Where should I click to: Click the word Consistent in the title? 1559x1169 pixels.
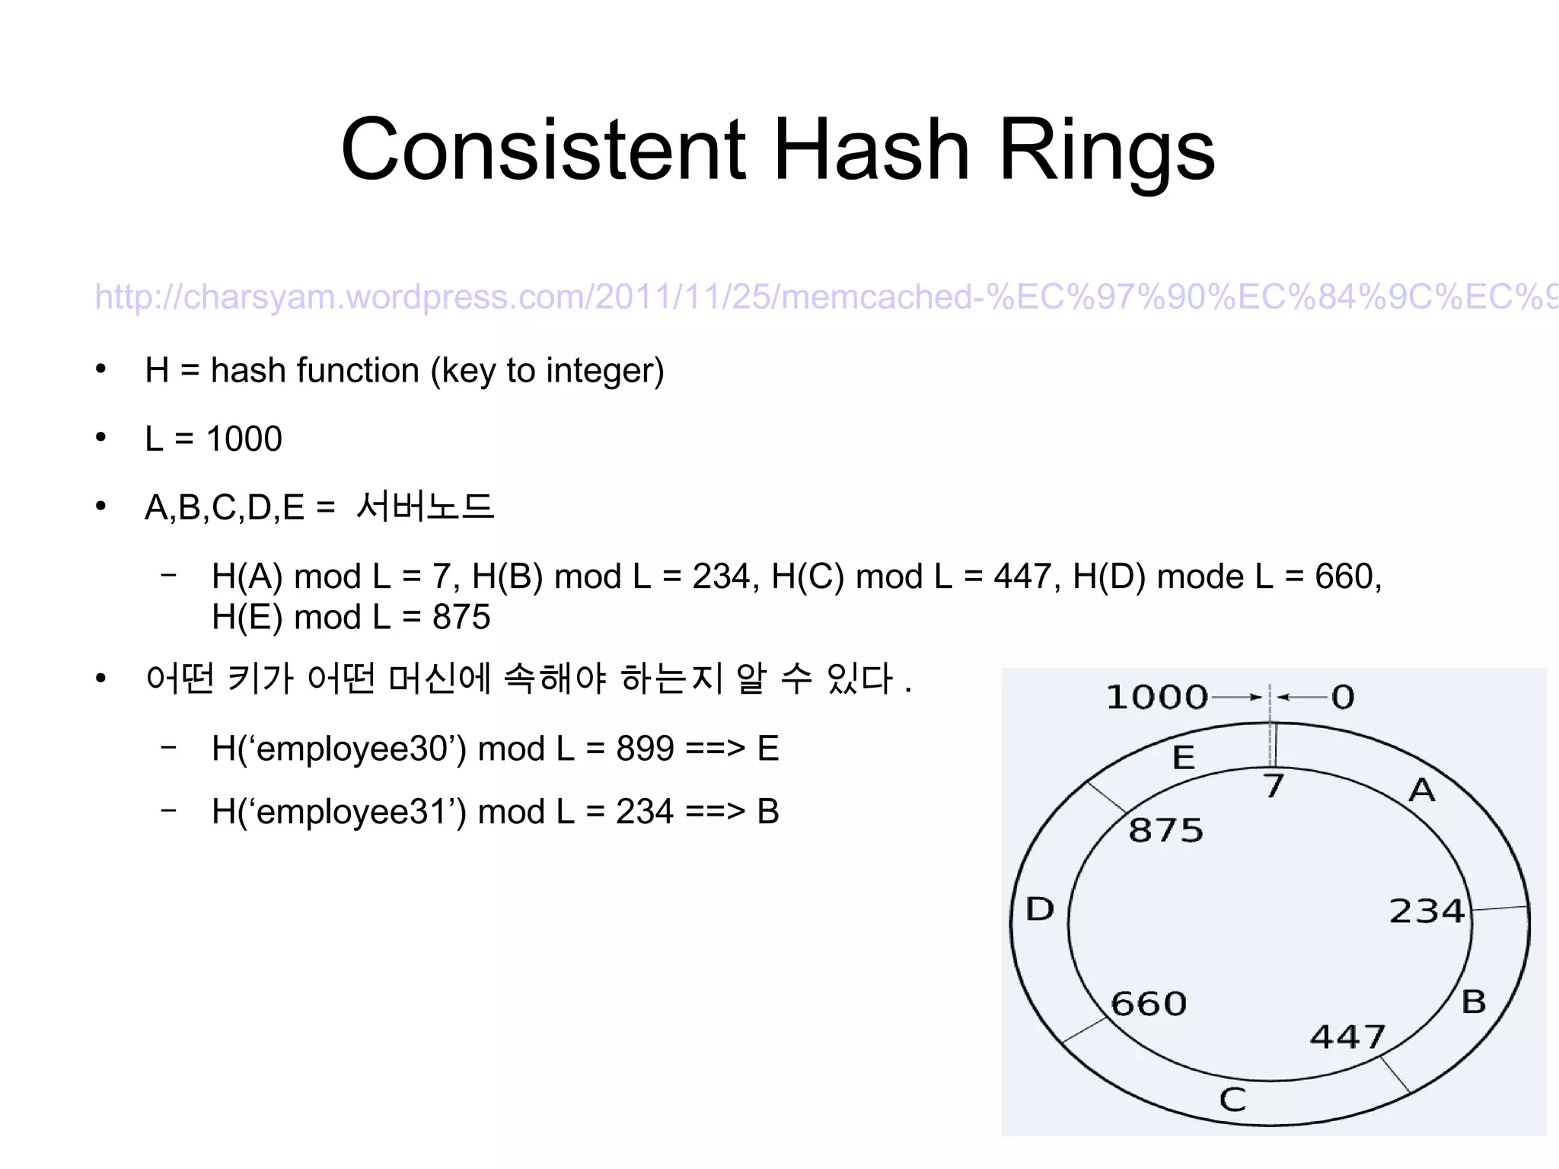[x=544, y=149]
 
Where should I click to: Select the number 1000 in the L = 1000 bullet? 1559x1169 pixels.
[x=244, y=439]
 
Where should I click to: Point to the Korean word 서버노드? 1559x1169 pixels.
[x=425, y=506]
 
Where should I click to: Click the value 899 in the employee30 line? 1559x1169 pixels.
[x=645, y=749]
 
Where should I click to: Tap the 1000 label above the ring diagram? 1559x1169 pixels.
[x=1156, y=698]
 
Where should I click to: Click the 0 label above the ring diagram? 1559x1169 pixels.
[x=1343, y=698]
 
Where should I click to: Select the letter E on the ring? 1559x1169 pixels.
[x=1184, y=758]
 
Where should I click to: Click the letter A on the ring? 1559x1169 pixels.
[x=1422, y=791]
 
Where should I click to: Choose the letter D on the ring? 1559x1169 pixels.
[x=1040, y=909]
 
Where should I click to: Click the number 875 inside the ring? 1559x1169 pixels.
[x=1166, y=830]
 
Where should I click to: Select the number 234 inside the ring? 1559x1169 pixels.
[x=1427, y=911]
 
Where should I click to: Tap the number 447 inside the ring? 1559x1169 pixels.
[x=1347, y=1037]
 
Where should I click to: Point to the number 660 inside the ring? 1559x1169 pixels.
[x=1149, y=1004]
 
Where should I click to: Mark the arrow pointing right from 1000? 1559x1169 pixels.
[x=1237, y=697]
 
